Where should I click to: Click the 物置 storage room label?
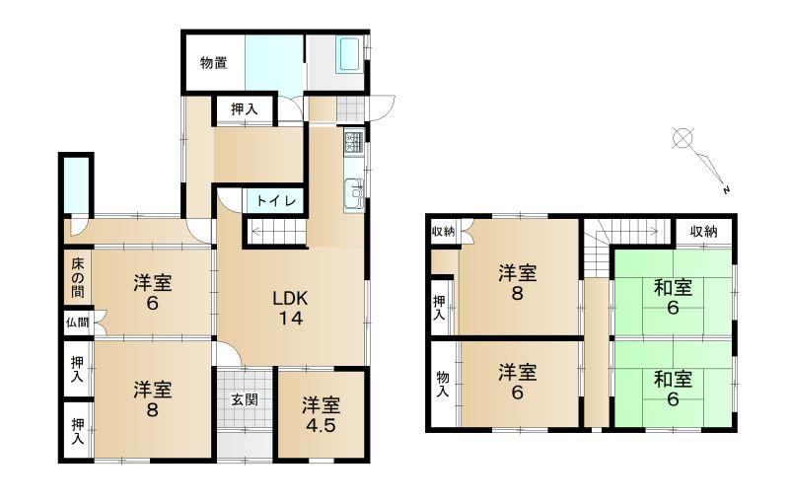pyautogui.click(x=213, y=63)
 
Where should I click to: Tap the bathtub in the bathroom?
pyautogui.click(x=349, y=54)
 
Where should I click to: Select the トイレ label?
pyautogui.click(x=276, y=201)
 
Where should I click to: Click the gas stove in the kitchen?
pyautogui.click(x=354, y=142)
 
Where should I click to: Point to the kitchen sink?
pyautogui.click(x=354, y=194)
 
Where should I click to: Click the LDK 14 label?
pyautogui.click(x=290, y=308)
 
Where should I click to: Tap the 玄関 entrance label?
pyautogui.click(x=245, y=399)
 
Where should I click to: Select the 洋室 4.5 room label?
pyautogui.click(x=322, y=415)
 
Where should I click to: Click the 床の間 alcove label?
pyautogui.click(x=78, y=278)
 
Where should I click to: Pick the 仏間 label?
pyautogui.click(x=78, y=322)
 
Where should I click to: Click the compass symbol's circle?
pyautogui.click(x=682, y=138)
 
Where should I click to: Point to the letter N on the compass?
pyautogui.click(x=726, y=190)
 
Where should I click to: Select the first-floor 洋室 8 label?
pyautogui.click(x=153, y=399)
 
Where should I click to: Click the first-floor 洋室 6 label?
pyautogui.click(x=153, y=293)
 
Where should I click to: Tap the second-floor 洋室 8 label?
pyautogui.click(x=517, y=283)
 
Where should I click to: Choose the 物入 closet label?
pyautogui.click(x=442, y=384)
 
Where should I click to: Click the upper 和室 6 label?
pyautogui.click(x=673, y=297)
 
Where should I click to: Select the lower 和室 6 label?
pyautogui.click(x=673, y=389)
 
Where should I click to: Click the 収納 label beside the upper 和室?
pyautogui.click(x=703, y=232)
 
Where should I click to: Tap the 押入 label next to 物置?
pyautogui.click(x=245, y=109)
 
